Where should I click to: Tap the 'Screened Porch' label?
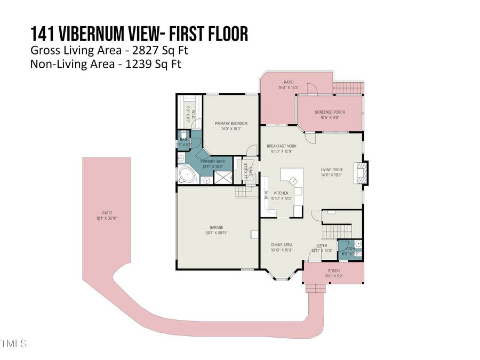point(330,112)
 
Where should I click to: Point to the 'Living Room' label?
point(331,170)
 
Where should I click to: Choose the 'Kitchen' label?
point(281,193)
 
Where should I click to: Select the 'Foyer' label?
point(322,245)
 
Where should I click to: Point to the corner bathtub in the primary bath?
point(187,175)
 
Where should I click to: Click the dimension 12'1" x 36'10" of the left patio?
point(107,218)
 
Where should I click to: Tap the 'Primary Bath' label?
point(212,161)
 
